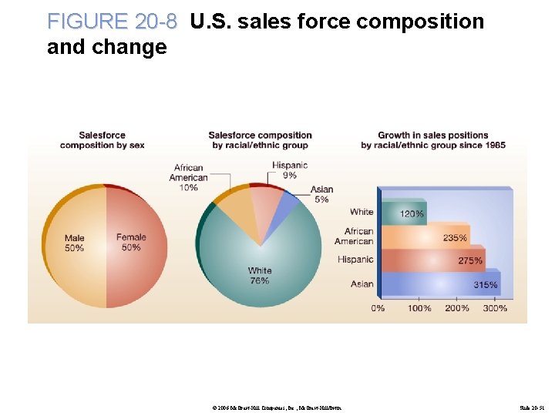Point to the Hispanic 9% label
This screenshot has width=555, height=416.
tap(290, 169)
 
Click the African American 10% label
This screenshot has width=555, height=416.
tap(189, 177)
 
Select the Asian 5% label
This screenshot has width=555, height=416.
tap(321, 194)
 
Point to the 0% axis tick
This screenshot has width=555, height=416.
tap(378, 308)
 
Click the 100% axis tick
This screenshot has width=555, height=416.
tap(419, 308)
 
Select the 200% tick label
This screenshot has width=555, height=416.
tap(457, 308)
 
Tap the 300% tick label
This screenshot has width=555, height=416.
tap(495, 308)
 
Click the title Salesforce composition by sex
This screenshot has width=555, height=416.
tap(102, 140)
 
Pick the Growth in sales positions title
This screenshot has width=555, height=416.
tap(432, 140)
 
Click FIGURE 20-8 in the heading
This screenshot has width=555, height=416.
tap(112, 22)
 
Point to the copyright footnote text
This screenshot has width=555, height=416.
tap(281, 405)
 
